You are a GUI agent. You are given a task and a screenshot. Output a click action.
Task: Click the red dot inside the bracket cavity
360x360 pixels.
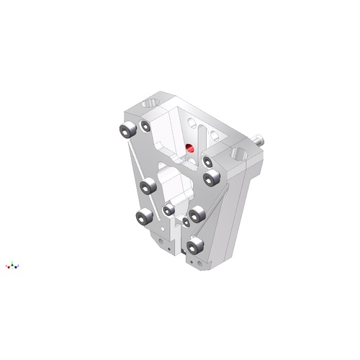(190, 149)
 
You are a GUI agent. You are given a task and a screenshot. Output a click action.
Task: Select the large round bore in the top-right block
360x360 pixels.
(240, 153)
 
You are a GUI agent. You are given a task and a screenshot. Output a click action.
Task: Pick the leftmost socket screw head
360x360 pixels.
(127, 130)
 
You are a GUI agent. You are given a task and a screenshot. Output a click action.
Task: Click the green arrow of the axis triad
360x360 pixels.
(13, 264)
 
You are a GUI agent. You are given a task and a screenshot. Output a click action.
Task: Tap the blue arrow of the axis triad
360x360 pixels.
(18, 267)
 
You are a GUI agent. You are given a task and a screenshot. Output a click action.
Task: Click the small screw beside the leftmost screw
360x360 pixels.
(145, 126)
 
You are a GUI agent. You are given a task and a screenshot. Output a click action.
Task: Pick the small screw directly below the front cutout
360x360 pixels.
(170, 209)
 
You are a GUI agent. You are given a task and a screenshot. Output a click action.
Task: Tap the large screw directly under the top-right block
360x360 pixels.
(211, 177)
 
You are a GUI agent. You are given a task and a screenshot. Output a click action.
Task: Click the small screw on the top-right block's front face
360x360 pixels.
(207, 161)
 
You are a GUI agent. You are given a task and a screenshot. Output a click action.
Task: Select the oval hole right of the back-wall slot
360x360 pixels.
(216, 134)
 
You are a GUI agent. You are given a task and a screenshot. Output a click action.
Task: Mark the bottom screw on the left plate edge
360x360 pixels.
(143, 216)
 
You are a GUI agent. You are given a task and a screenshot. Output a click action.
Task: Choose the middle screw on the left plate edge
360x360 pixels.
(149, 187)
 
